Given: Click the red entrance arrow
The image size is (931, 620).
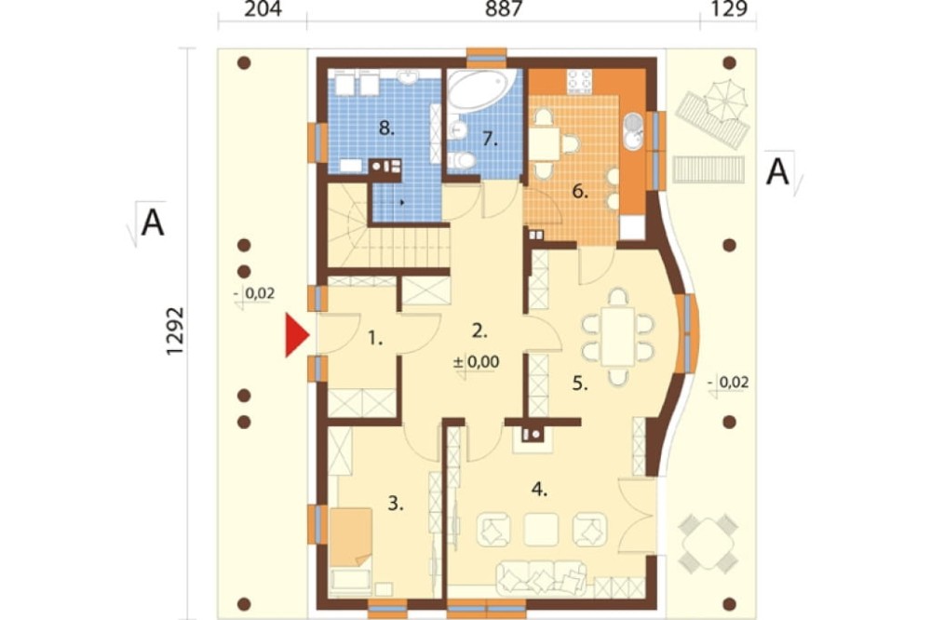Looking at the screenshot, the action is [x=297, y=335].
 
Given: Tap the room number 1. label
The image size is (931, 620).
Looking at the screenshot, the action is [x=375, y=339].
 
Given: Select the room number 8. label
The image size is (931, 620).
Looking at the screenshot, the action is [x=386, y=128].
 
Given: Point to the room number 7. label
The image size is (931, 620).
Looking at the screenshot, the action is [x=490, y=139].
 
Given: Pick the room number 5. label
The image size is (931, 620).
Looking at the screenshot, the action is [x=580, y=384].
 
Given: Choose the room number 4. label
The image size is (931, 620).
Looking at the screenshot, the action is [x=539, y=490].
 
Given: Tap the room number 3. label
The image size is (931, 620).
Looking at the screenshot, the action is [x=396, y=505].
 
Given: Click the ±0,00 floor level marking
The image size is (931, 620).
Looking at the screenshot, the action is [x=476, y=361].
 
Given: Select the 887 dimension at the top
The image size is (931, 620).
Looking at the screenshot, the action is [x=504, y=9].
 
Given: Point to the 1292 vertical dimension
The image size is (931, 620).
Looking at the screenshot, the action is [x=175, y=331].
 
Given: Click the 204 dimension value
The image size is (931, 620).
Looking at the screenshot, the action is [x=263, y=9].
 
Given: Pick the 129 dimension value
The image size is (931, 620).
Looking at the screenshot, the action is [x=729, y=9].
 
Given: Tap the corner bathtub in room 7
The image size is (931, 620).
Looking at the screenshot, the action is [x=479, y=91].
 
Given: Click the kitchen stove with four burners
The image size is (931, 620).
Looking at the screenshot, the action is [x=579, y=83].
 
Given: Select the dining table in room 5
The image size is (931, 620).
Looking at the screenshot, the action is [x=618, y=336].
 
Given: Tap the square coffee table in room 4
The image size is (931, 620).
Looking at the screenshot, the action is [x=541, y=530].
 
